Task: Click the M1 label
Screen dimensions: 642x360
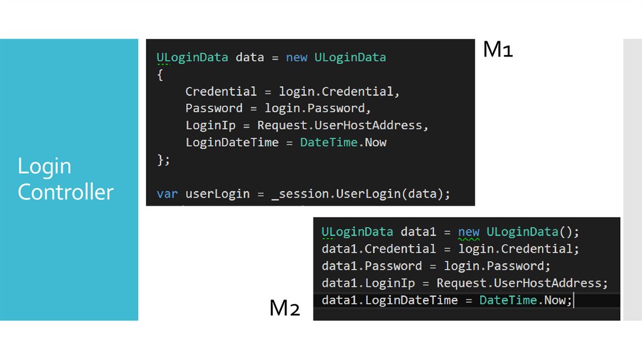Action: coord(498,50)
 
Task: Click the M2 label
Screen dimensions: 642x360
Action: coord(285,309)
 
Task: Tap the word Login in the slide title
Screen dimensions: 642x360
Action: coord(45,167)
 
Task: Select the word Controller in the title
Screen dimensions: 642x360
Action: coord(65,192)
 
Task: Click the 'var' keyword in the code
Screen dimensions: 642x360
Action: coord(167,194)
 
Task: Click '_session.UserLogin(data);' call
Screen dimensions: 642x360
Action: coord(360,194)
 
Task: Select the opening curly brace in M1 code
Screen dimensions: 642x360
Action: coord(160,75)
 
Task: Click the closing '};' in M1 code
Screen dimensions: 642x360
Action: coord(163,159)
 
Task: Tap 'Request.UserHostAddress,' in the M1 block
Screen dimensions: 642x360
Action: coord(343,125)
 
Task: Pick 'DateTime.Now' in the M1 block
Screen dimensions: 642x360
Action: coord(343,142)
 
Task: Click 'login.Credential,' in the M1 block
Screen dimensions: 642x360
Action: coord(339,92)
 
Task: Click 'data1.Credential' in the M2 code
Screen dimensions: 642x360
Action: coord(378,249)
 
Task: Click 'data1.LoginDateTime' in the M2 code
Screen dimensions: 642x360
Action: coord(389,300)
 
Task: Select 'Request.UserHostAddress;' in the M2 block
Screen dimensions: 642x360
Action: coord(522,283)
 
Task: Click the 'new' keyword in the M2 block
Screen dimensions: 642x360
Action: coord(468,232)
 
